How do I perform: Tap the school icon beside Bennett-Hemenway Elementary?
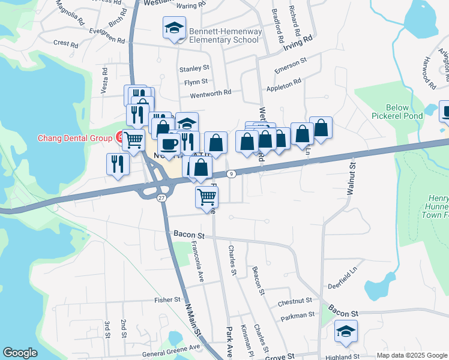pos(174,28)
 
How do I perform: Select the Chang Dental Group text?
pos(76,138)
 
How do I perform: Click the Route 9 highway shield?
pos(231,174)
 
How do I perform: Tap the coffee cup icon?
pos(168,143)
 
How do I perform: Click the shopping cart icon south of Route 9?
pos(207,196)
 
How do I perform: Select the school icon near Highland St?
pos(346,332)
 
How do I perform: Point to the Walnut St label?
pos(351,178)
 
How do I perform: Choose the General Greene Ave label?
pos(170,347)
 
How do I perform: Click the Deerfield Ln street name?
pos(343,286)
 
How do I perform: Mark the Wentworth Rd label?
pos(211,93)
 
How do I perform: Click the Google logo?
pos(20,353)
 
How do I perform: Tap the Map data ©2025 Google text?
pos(411,355)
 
